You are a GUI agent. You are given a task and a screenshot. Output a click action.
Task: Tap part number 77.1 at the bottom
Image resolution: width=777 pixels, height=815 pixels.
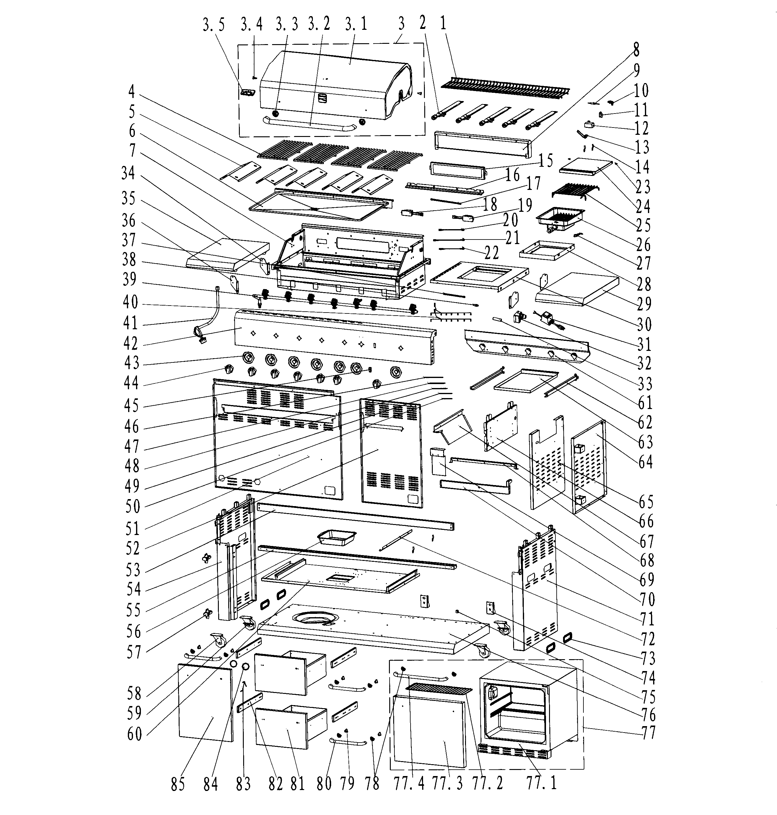tap(541, 791)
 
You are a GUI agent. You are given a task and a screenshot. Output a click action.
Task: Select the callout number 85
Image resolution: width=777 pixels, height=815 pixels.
tap(178, 792)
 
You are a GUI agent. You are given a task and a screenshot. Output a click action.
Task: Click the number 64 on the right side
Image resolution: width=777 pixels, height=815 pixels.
tap(645, 461)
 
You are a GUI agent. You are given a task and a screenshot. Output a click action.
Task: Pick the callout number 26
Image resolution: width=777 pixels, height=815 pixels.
tap(643, 245)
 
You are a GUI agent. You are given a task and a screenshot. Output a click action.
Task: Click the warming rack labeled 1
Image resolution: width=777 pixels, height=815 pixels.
tap(505, 87)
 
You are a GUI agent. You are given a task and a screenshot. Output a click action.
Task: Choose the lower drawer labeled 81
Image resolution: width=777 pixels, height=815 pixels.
tap(291, 727)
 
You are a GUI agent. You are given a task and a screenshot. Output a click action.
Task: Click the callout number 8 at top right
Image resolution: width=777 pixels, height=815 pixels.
tap(636, 50)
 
